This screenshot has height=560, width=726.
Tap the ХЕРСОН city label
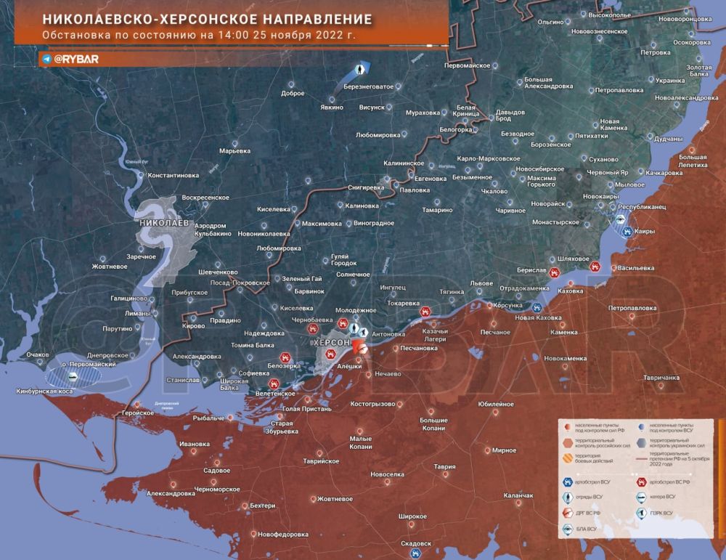331,341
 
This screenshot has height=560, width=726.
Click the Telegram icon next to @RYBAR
46,60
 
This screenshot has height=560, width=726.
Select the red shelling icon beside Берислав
555,273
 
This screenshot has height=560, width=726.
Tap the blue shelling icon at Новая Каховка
537,308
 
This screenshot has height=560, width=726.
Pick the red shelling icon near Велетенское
274,383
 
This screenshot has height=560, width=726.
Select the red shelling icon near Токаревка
425,311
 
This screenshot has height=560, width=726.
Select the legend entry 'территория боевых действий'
592,458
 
